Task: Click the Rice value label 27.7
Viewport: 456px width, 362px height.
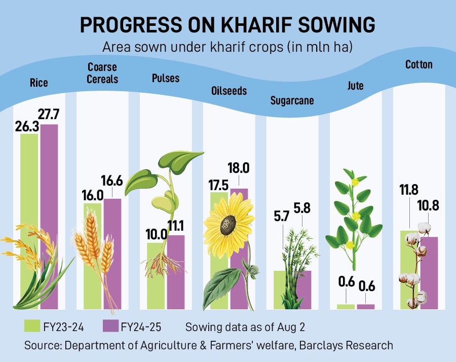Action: tap(50, 115)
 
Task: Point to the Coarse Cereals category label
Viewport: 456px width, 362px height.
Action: tap(102, 73)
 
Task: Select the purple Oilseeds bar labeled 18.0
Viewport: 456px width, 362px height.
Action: tap(239, 254)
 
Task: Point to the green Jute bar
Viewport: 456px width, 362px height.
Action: tap(346, 306)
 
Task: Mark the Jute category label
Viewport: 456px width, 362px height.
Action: tap(356, 86)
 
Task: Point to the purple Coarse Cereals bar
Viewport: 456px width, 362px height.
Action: tap(112, 254)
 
